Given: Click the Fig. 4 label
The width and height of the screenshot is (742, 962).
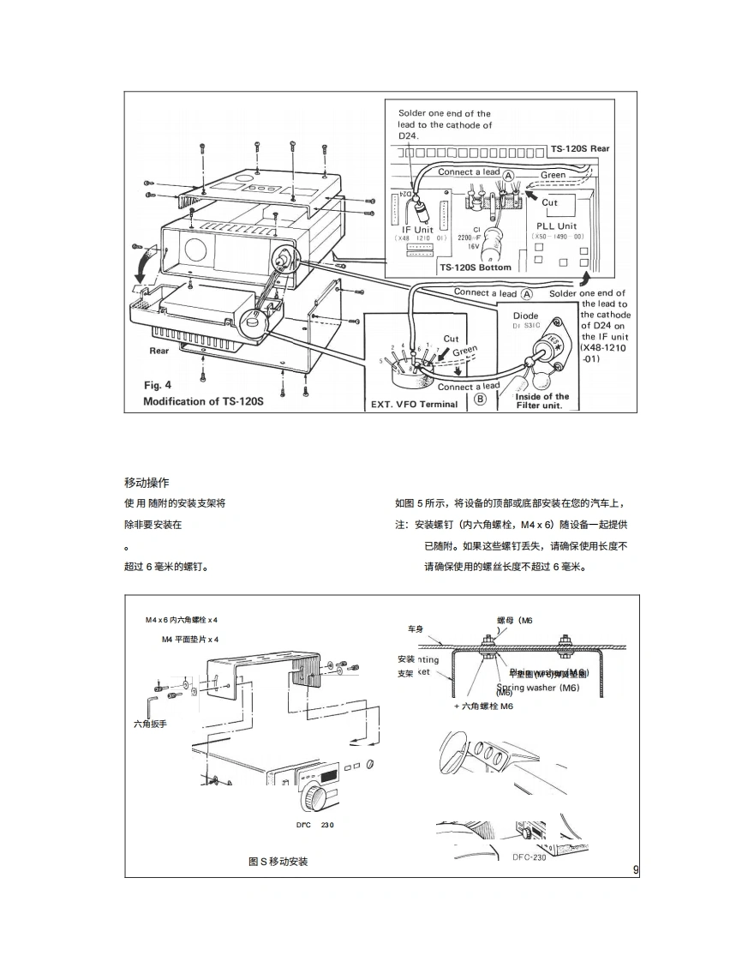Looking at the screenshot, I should [x=157, y=385].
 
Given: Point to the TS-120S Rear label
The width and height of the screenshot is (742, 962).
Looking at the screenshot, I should [x=580, y=148].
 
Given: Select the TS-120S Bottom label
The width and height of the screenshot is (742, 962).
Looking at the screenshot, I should [x=476, y=268].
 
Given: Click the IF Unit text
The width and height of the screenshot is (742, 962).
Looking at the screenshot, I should [x=417, y=229].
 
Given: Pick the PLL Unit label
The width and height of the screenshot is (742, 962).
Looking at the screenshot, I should [x=557, y=226].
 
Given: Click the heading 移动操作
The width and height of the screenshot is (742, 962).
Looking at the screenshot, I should [x=147, y=483].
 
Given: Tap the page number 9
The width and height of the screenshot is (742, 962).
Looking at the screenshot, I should [x=636, y=870].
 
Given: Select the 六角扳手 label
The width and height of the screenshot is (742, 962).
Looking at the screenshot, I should [x=150, y=725].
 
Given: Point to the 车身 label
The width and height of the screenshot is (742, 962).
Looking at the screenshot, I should [x=416, y=629].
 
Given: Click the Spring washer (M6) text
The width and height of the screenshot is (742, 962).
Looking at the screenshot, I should [x=537, y=688].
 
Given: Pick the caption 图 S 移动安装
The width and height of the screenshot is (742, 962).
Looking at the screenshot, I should [x=278, y=862].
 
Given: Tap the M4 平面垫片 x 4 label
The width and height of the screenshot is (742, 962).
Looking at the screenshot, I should [x=190, y=640].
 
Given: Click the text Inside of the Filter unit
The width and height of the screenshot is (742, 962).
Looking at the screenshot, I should [x=542, y=400].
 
